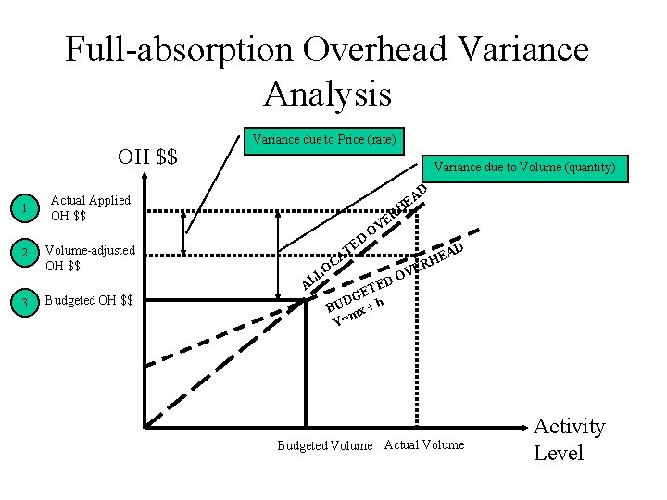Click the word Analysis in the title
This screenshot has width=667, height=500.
tap(327, 93)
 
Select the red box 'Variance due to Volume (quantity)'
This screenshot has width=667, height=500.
tap(524, 168)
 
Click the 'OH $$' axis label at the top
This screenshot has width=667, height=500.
tap(147, 156)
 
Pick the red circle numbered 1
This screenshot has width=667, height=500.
tap(26, 208)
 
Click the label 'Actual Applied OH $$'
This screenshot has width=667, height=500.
tap(90, 208)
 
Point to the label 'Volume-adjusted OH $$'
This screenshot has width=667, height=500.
tap(90, 257)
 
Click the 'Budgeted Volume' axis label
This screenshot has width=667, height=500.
tap(325, 445)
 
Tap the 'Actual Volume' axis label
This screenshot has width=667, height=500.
tap(424, 444)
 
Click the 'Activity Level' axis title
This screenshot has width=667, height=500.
tap(569, 440)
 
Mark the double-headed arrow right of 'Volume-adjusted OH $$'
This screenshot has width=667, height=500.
tap(184, 232)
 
